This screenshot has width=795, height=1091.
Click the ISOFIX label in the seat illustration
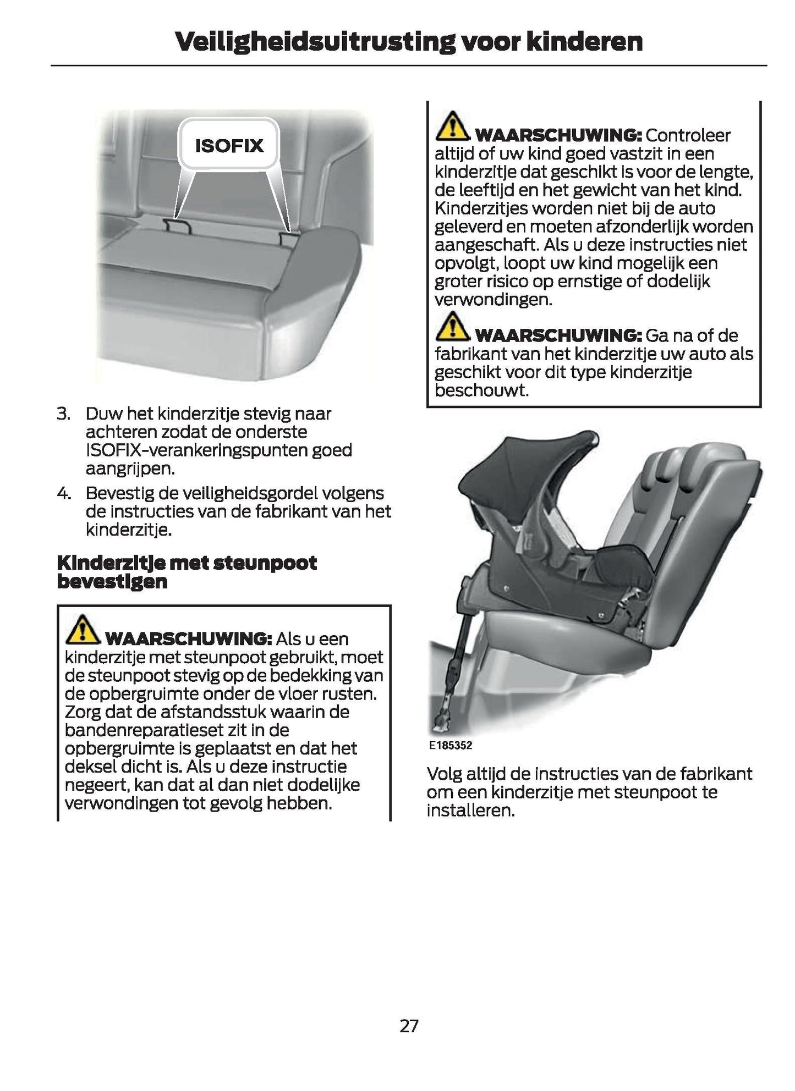click(x=229, y=146)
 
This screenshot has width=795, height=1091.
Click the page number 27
click(x=409, y=1026)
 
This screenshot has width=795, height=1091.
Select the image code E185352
click(x=450, y=746)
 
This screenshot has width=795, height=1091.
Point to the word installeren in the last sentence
click(x=470, y=811)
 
